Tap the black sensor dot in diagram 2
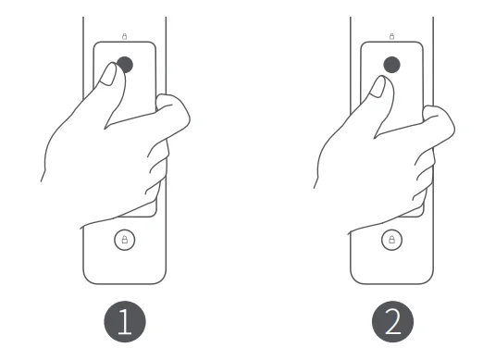392,64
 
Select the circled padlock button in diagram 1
124,240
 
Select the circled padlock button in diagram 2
392,240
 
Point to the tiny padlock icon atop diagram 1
124,36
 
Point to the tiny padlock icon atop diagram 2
392,36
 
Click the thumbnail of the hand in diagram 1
107,75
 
